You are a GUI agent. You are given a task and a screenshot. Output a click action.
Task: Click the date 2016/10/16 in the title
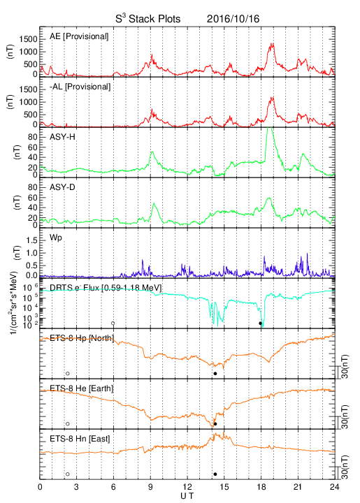coord(233,19)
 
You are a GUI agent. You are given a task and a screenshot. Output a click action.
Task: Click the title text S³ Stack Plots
coord(148,19)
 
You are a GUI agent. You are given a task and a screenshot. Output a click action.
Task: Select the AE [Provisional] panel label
coord(79,36)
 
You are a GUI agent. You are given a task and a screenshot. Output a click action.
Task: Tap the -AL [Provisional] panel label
coord(80,87)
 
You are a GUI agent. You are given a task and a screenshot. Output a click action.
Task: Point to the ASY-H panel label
coord(62,137)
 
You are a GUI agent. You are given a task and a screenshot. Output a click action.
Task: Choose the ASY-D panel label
coord(62,187)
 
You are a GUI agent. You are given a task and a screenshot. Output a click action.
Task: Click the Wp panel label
coord(56,238)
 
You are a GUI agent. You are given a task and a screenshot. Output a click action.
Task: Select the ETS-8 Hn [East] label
coord(80,439)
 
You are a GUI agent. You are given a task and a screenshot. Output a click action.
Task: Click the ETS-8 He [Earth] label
coord(82,388)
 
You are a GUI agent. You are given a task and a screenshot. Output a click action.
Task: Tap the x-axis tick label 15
coord(224,487)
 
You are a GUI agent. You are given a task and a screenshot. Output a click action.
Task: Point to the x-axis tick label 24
coord(334,487)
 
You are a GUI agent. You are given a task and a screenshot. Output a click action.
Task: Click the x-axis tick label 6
coord(113,487)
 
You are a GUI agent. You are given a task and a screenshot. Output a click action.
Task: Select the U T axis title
coord(187,496)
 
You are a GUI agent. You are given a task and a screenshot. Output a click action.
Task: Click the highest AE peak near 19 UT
coord(273,43)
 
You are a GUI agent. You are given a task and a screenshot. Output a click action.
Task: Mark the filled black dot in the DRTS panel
coord(260,323)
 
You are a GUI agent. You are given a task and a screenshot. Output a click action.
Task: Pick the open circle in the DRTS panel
coord(113,323)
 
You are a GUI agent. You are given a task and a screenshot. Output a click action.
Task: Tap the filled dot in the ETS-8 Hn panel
coord(215,474)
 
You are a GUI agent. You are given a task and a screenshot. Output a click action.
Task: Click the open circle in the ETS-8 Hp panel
coord(68,373)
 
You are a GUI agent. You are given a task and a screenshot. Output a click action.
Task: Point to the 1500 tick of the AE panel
coord(28,39)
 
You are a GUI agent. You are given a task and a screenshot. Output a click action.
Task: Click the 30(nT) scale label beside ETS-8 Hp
coord(345,366)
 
